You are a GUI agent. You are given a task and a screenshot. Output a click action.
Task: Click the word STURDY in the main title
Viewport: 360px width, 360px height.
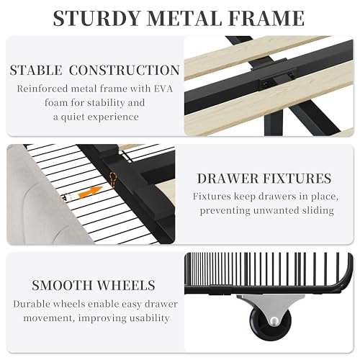96,18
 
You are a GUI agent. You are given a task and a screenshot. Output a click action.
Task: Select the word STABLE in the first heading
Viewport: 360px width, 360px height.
36,70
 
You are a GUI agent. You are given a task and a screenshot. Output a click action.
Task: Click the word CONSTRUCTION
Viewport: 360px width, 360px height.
125,70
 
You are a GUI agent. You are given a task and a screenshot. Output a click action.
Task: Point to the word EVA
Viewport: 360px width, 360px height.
163,89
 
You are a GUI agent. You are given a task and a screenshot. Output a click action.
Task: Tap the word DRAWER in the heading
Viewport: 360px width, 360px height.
228,179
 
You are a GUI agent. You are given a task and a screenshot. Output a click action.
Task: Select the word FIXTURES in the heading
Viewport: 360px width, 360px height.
297,179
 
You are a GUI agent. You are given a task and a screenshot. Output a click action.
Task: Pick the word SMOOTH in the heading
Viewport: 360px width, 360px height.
62,285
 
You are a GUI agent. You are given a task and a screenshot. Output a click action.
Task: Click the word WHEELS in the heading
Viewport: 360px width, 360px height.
126,285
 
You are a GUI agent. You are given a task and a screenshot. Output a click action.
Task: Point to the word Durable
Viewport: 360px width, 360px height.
32,304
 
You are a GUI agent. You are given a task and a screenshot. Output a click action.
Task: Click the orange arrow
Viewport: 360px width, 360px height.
91,192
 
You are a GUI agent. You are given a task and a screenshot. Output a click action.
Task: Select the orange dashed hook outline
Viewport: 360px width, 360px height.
113,179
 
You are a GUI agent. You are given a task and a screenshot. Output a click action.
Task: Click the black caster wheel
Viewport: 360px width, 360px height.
271,322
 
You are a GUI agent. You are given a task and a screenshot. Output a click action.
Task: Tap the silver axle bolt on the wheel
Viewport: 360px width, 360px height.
274,321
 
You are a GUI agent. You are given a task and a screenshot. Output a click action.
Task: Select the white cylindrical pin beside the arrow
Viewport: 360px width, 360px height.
66,198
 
